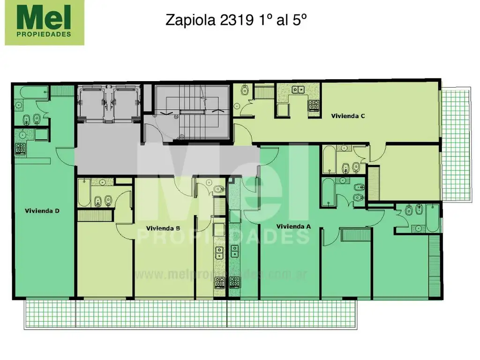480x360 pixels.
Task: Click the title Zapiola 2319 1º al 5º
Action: [236, 20]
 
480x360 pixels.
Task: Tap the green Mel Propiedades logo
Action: [45, 22]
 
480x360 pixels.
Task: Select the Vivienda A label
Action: [293, 226]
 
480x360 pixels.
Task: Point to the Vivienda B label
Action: [163, 228]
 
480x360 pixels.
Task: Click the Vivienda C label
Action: [348, 116]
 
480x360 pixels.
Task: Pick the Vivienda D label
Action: [42, 211]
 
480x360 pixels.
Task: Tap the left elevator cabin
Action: [91, 104]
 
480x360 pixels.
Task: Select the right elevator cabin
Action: [126, 104]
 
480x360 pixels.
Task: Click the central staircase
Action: [192, 112]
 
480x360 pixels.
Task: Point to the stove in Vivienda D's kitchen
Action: [20, 149]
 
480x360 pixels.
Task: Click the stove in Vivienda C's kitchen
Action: [314, 105]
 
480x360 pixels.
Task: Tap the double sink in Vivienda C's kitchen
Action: [298, 90]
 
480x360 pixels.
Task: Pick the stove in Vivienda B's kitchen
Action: [219, 283]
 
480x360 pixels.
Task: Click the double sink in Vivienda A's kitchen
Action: [234, 251]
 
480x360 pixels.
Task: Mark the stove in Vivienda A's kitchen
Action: [234, 282]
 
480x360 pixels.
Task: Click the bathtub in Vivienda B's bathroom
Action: [84, 193]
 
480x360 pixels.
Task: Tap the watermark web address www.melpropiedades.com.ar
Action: [220, 275]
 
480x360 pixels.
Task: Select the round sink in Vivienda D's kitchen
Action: [22, 135]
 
